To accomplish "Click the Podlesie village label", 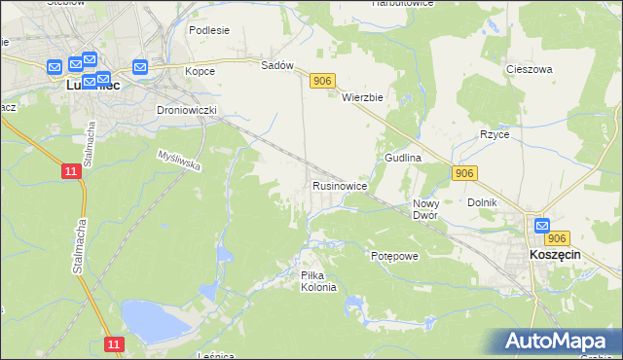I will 209,30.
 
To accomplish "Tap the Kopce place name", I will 200,71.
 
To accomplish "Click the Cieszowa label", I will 530,70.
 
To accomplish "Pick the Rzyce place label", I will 495,134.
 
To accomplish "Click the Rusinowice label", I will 339,185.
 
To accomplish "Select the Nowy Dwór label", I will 425,209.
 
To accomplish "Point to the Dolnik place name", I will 483,202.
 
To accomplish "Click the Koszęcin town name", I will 555,253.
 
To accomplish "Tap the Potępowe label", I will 394,256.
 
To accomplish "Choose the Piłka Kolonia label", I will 318,281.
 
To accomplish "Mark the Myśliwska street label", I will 179,161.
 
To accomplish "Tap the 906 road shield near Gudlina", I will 464,173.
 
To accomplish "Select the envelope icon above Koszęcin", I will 543,226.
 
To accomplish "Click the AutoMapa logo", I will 559,342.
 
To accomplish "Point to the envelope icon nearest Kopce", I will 139,67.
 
